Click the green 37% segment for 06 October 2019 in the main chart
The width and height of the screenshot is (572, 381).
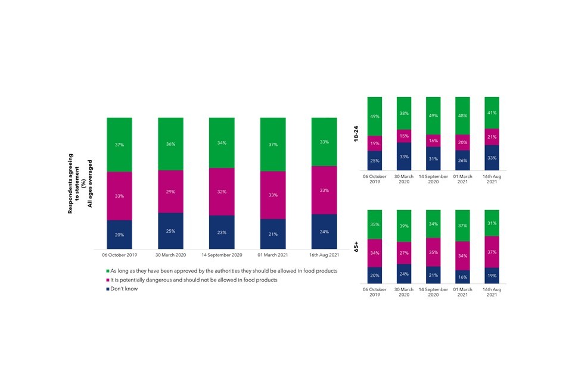[119, 145]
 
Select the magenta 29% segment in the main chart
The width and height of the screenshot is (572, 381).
[170, 191]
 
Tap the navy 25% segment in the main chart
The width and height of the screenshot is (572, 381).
[170, 230]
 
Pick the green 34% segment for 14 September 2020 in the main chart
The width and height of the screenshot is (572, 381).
[222, 143]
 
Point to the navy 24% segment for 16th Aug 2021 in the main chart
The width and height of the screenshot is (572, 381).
[324, 231]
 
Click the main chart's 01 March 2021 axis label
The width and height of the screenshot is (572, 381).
[273, 255]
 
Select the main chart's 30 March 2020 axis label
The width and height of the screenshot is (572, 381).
[170, 255]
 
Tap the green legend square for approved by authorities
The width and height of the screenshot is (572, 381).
[107, 271]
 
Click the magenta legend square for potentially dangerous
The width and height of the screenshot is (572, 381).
[107, 280]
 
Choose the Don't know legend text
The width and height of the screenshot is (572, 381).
[125, 289]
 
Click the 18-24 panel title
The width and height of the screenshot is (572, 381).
[356, 133]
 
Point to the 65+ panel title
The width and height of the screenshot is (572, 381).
[356, 246]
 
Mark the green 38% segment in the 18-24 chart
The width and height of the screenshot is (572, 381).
[404, 113]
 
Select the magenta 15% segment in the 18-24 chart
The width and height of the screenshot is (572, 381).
[404, 136]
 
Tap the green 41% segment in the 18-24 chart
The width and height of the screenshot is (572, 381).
[492, 113]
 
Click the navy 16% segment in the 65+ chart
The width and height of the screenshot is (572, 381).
[462, 277]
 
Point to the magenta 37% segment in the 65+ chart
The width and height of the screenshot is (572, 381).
[492, 252]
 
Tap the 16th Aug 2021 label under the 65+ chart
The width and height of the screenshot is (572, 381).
[492, 292]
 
